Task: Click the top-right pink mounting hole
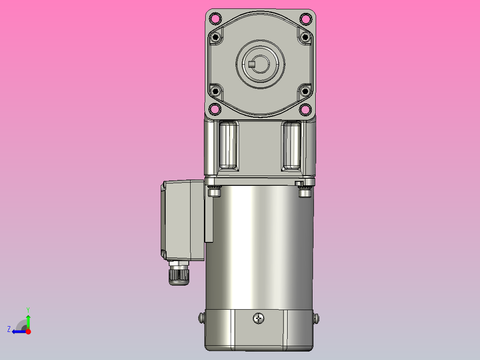tap(305, 19)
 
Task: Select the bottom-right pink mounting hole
tap(305, 109)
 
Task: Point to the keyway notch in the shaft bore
tap(252, 65)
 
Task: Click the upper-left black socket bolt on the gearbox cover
tap(216, 37)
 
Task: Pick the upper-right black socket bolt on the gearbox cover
tap(305, 37)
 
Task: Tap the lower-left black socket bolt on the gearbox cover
tap(216, 91)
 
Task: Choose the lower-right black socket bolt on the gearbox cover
tap(305, 91)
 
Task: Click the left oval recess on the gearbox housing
tap(229, 145)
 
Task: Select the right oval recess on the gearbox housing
tap(292, 145)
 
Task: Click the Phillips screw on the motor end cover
tap(259, 318)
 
